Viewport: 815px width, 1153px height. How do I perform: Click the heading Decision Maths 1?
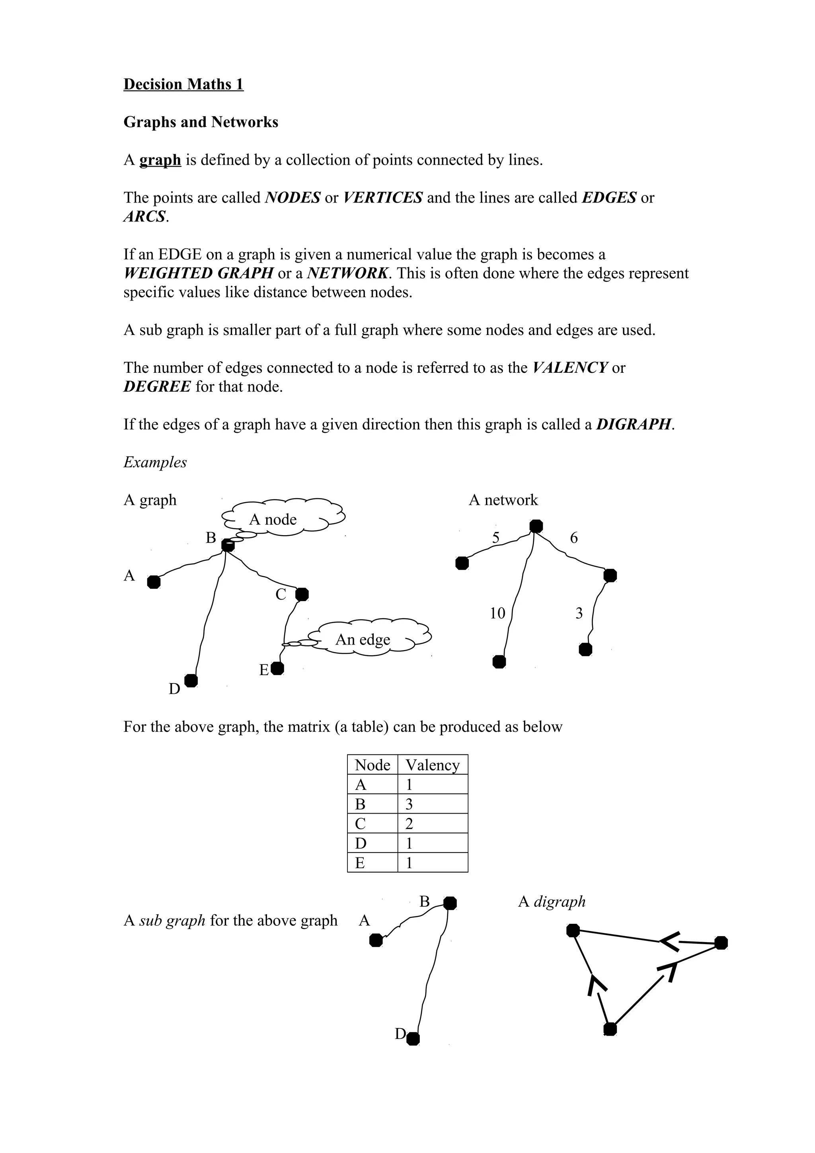point(183,84)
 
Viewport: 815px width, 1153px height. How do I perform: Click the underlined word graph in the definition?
point(160,160)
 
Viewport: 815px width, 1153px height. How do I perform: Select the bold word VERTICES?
point(383,198)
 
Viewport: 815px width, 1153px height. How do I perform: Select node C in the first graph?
point(302,594)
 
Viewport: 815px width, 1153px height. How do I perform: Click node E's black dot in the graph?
point(277,668)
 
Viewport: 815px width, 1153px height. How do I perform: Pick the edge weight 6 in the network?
point(573,538)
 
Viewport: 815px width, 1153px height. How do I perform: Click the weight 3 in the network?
point(579,613)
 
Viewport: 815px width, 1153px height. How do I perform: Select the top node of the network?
point(536,526)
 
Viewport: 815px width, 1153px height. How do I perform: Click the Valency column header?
point(432,765)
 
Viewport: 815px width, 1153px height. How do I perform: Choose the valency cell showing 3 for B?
point(409,804)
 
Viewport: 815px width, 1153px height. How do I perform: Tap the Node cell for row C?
point(361,824)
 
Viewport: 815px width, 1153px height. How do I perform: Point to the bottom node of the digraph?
point(610,1029)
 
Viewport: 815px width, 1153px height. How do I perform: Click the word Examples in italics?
point(155,462)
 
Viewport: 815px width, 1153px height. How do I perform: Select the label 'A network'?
point(503,500)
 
